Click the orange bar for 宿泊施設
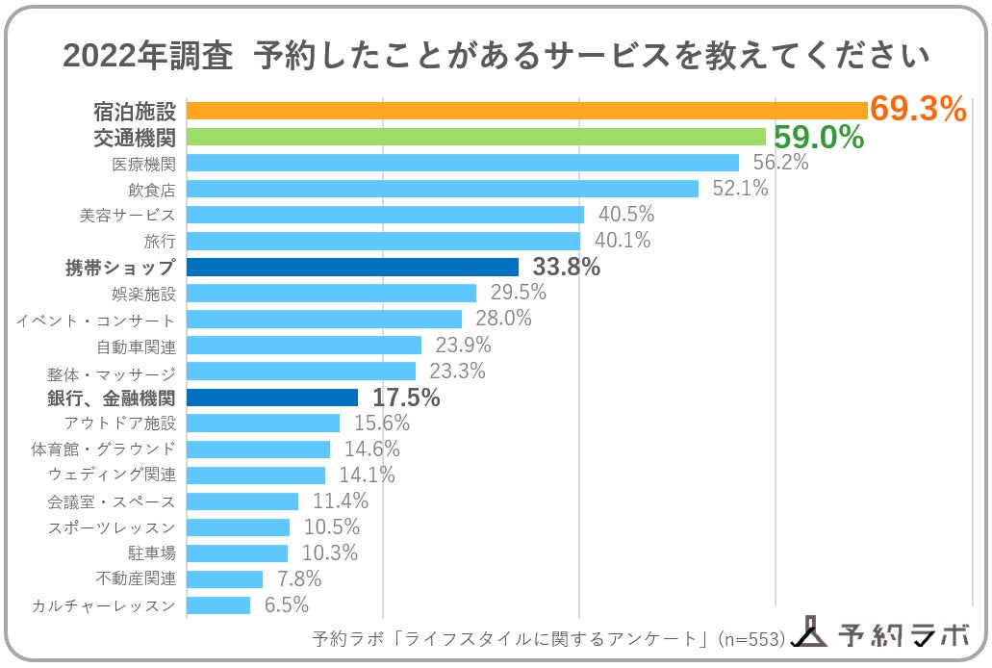point(527,111)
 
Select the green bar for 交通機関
point(475,137)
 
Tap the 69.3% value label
point(917,110)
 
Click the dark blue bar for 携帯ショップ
point(352,267)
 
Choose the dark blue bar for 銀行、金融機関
point(272,397)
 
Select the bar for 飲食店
point(443,189)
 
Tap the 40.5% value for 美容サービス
point(626,215)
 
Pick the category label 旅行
point(160,241)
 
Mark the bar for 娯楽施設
point(331,293)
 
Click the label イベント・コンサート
point(96,320)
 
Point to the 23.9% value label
point(464,346)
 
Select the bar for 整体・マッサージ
point(301,371)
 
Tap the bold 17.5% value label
point(406,398)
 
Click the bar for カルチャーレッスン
point(218,604)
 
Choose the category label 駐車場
point(152,553)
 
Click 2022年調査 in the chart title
point(148,56)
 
